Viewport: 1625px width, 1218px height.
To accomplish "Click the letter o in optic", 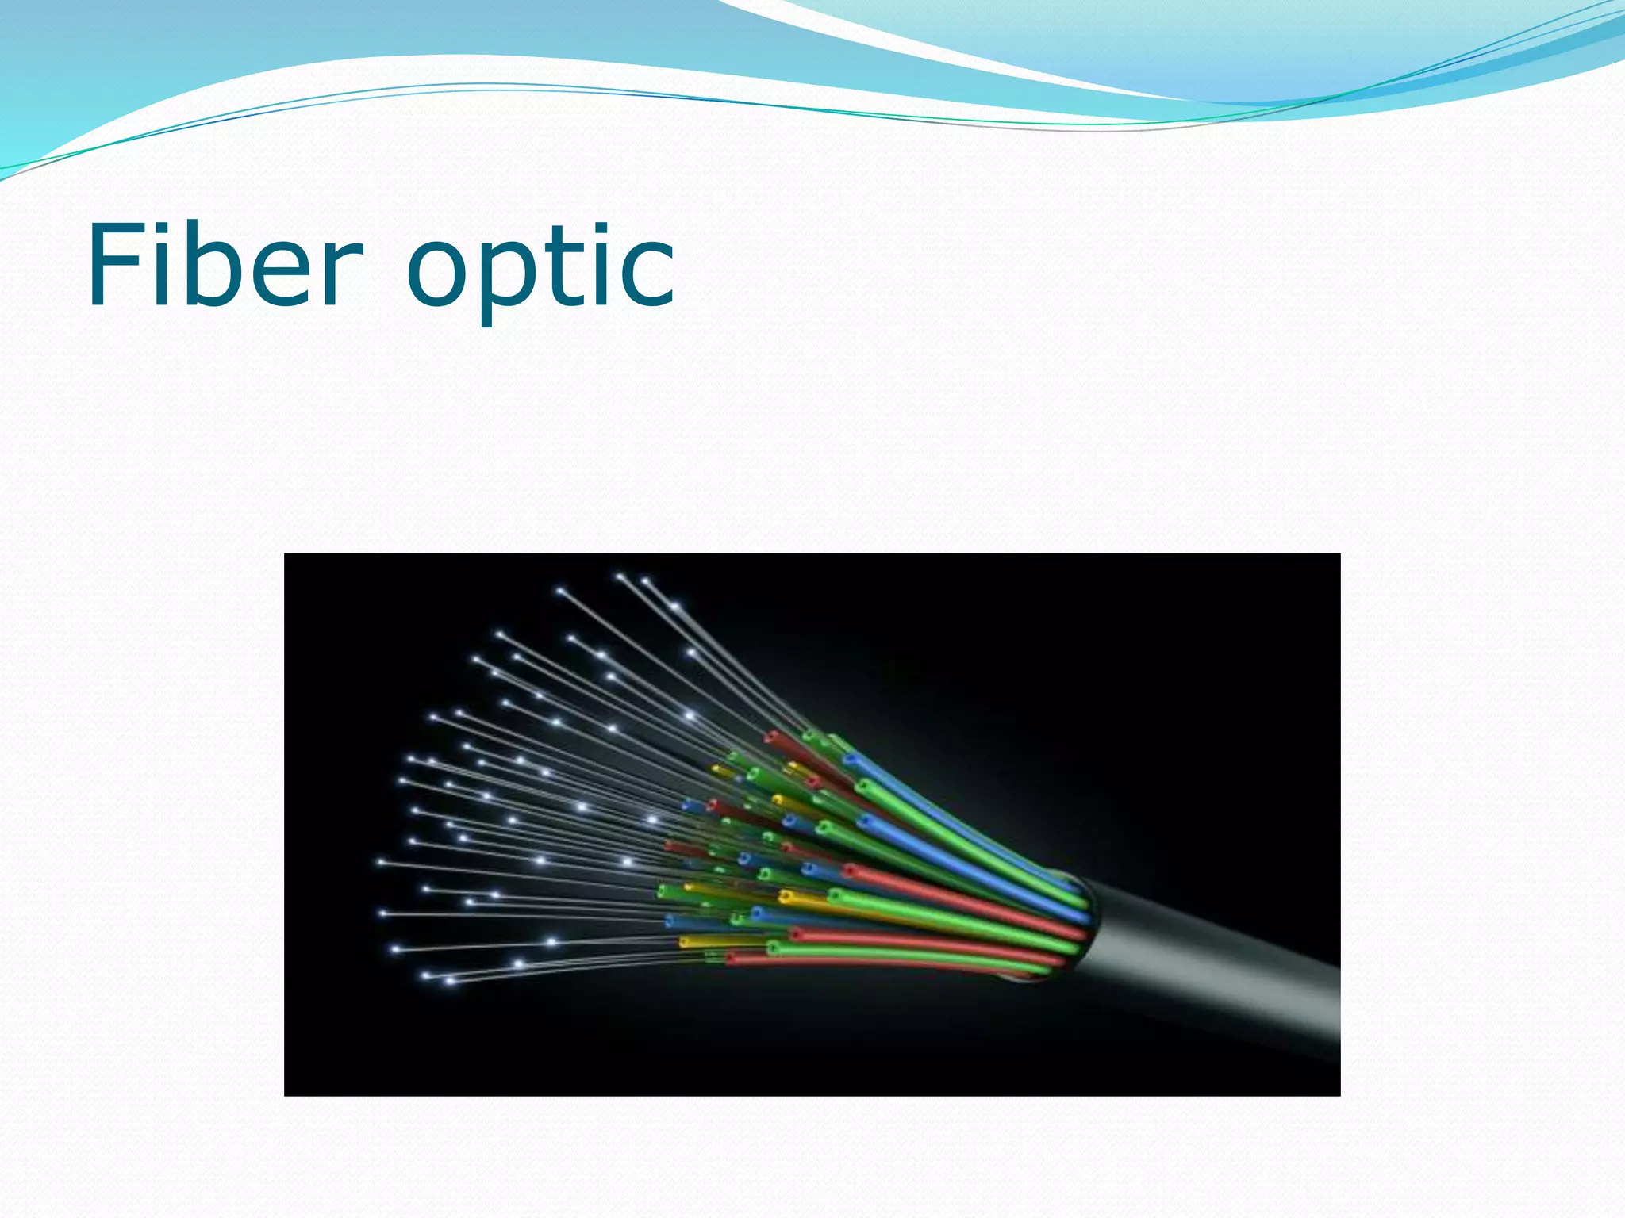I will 440,274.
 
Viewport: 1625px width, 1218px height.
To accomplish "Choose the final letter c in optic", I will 647,274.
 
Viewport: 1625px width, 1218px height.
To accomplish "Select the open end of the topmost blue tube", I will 850,759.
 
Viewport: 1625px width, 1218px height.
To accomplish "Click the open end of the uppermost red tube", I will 770,738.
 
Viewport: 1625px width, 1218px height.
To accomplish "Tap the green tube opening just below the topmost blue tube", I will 862,786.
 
